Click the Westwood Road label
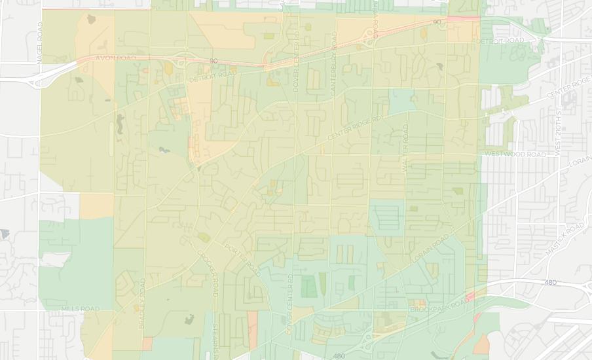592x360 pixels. pos(515,154)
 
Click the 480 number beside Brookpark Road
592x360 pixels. pos(550,283)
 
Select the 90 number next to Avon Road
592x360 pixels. pos(213,62)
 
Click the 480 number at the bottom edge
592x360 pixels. pos(339,356)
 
